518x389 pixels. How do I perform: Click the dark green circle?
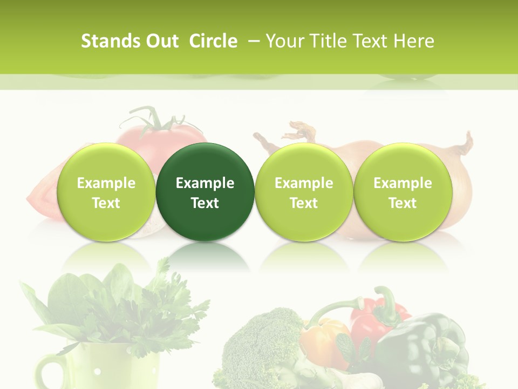coord(205,192)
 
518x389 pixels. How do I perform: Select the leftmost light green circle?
coord(106,192)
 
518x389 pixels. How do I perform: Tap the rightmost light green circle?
coord(403,192)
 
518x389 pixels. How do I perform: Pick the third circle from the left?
coord(304,192)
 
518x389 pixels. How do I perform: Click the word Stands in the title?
coord(105,41)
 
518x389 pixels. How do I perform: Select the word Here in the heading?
coord(415,41)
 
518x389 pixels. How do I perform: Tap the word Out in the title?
coord(161,41)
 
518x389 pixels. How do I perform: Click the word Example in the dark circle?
coord(205,183)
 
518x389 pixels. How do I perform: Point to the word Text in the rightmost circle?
coord(403,203)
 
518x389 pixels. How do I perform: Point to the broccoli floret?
coord(259,340)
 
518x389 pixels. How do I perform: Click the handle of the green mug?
coord(49,373)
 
